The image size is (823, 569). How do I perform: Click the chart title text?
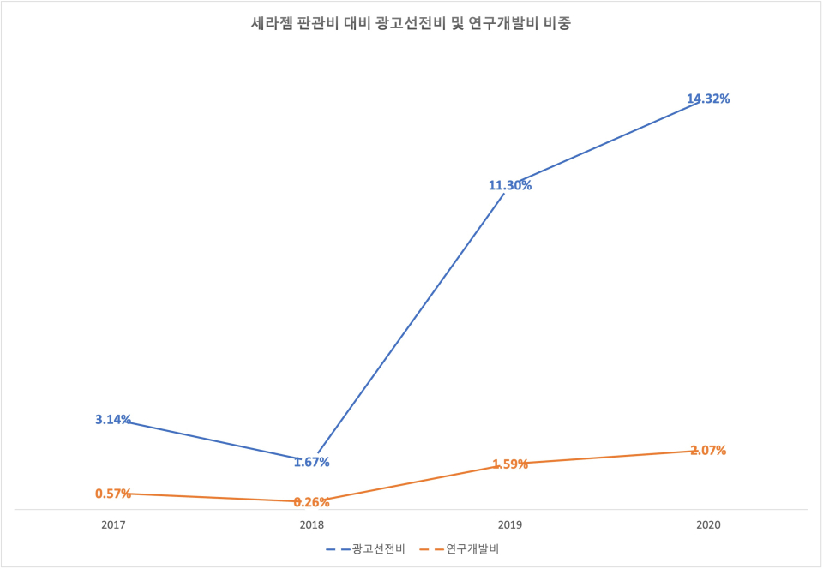411,24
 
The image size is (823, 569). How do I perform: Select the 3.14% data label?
113,419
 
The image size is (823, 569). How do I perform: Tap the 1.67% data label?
311,462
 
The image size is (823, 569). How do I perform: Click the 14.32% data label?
708,99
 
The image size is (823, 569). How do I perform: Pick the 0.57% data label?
113,494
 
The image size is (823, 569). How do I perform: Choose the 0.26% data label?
311,502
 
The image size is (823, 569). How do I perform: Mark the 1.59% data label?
510,464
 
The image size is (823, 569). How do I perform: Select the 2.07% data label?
708,450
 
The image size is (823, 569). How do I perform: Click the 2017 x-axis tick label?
113,524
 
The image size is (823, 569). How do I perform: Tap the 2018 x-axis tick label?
311,524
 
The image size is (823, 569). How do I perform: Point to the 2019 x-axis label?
510,524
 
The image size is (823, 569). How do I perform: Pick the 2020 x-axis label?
708,524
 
